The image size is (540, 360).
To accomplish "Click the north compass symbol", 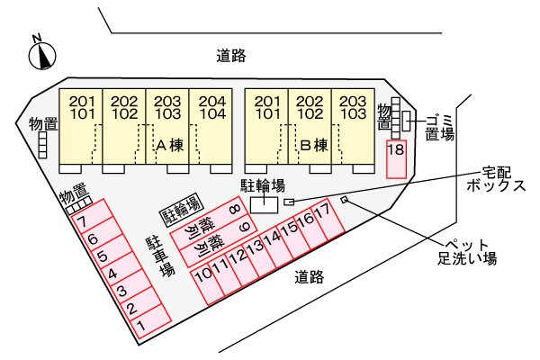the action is [42, 54].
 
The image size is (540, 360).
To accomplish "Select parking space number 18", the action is [396, 159].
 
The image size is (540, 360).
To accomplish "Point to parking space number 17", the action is [328, 220].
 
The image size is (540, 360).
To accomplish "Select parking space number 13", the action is [259, 256].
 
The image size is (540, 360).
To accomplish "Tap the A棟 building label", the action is [170, 146].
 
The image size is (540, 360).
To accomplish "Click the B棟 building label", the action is [314, 146].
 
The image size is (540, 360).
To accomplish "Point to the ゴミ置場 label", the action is [440, 128].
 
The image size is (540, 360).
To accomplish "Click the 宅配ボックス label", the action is [496, 179].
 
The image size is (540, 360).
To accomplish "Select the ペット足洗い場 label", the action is [467, 252].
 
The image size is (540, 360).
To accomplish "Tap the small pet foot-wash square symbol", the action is [344, 200].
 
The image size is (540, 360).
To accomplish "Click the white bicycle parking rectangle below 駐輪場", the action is [264, 205].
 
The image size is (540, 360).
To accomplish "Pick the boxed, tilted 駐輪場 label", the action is [182, 210].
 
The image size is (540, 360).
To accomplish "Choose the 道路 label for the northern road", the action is [231, 56].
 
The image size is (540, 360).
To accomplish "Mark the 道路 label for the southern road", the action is [309, 277].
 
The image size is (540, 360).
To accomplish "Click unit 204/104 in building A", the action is [211, 130].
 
